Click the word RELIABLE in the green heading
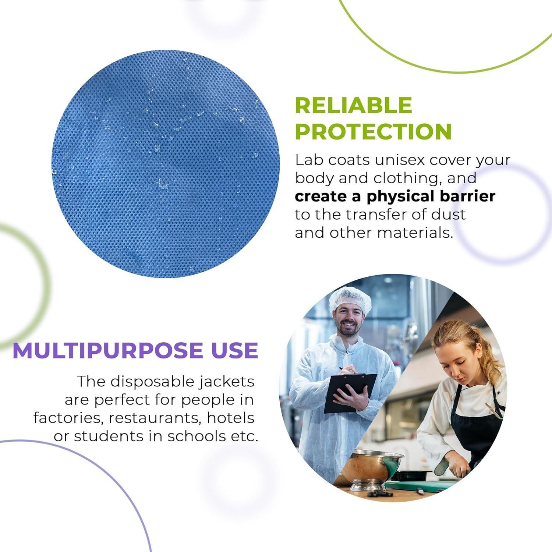tap(353, 105)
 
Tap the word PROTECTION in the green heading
tap(373, 131)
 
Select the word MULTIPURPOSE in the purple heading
tap(107, 350)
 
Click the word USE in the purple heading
tap(233, 350)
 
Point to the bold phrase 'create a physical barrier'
tap(395, 196)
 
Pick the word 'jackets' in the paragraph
tap(227, 382)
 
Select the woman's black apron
tap(477, 423)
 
